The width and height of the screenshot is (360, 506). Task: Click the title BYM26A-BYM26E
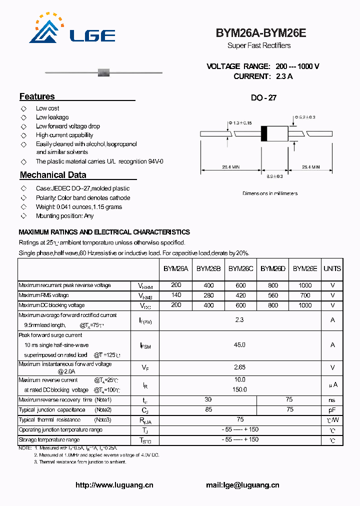coord(260,33)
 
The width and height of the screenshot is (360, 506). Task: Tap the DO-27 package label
coord(263,98)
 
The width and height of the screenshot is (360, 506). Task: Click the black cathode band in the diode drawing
coord(264,134)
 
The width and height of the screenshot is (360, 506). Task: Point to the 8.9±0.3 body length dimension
coord(274,176)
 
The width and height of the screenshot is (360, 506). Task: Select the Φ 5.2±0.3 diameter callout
coord(305,117)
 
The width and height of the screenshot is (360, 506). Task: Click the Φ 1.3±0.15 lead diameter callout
coord(240,122)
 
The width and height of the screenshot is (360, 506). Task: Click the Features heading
coord(37,96)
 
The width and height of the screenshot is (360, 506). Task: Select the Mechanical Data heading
coord(53,175)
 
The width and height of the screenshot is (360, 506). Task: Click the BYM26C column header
coord(240,268)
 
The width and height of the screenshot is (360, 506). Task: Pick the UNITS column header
coord(332,268)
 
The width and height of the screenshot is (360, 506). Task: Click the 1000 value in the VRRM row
coord(304,285)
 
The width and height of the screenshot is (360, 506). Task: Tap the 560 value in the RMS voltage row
coord(272,295)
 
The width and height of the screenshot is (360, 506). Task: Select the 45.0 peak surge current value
coord(240,344)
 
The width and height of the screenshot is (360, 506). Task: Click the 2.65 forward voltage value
coord(240,367)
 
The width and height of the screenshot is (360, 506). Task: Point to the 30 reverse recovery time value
coord(208,399)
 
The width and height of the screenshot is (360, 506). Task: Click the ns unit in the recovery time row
coord(332,400)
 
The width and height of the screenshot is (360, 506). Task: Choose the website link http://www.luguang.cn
coord(114,485)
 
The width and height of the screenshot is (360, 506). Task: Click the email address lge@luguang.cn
coord(242,485)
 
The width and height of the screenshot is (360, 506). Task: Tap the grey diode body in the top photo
coord(103,72)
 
